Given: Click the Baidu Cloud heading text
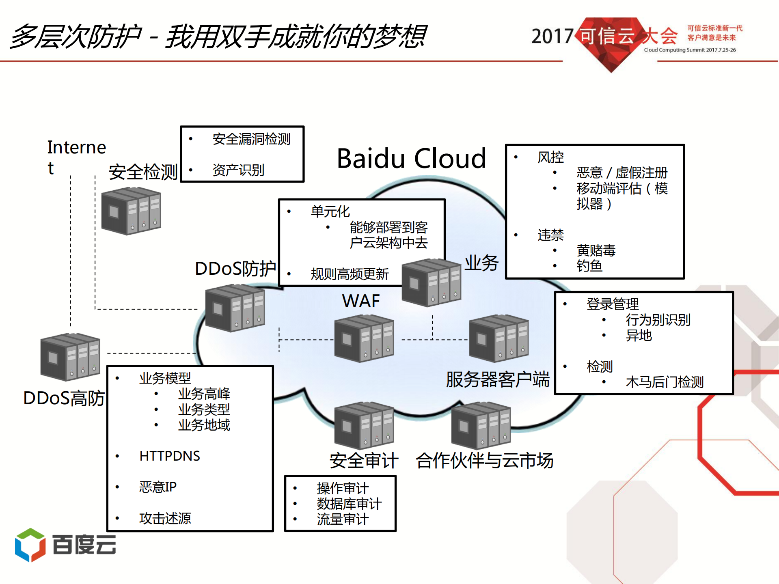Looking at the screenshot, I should pos(411,158).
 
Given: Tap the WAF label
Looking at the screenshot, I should pos(360,301).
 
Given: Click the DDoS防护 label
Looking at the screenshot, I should pos(235,269).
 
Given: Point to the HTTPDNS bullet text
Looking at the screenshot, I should pos(169,456).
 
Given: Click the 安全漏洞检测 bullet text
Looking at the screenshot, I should pos(251,139).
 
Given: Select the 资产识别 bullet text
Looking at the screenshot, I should pos(238,170).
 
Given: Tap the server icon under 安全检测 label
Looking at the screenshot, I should pos(131,211).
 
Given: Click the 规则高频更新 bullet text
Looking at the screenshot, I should pos(350,274).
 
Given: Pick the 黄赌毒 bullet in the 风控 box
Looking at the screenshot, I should pos(596,250).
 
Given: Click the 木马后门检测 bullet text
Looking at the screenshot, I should pos(665,382).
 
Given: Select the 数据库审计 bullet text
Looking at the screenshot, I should pos(349,504).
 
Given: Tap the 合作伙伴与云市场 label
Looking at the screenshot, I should pos(484,461).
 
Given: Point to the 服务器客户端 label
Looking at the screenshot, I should pos(498,379).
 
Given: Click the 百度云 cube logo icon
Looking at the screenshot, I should pos(30,545).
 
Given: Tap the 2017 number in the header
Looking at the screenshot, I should pos(552,37).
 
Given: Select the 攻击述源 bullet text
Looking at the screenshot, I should pos(165,518).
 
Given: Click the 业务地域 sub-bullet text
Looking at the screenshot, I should pos(204,425).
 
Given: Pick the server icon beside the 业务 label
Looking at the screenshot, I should pos(431,282).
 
